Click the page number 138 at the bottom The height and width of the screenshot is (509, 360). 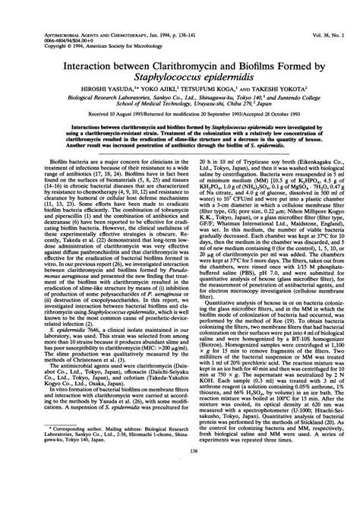[180, 494]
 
